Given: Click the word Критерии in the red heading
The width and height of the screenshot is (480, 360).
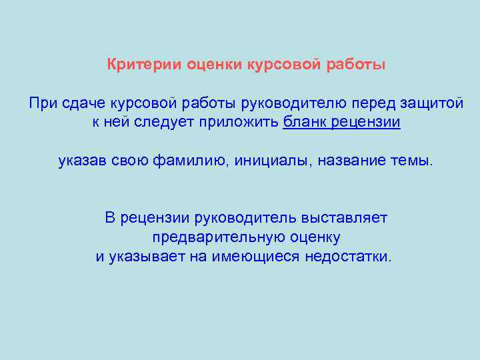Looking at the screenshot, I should coord(137,65).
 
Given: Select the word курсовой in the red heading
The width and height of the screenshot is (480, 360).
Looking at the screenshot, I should coord(281,65).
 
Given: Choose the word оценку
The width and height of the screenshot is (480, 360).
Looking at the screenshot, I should coord(315,237).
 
